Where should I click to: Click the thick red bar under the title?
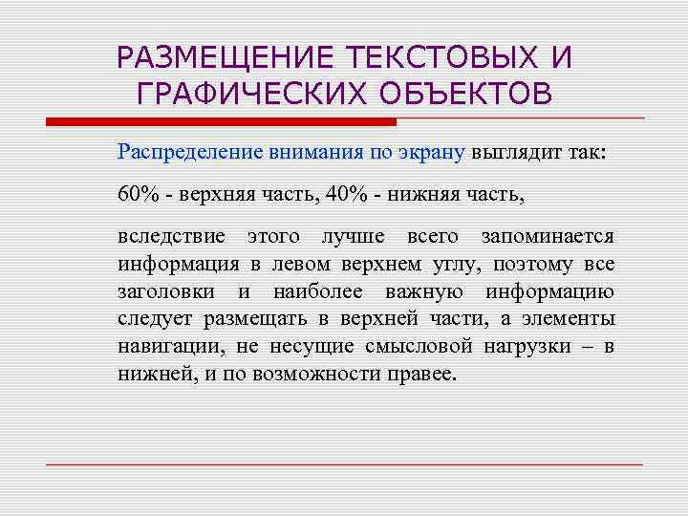pos(221,122)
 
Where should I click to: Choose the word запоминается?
pos(548,236)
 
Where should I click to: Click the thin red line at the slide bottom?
pos(344,464)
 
